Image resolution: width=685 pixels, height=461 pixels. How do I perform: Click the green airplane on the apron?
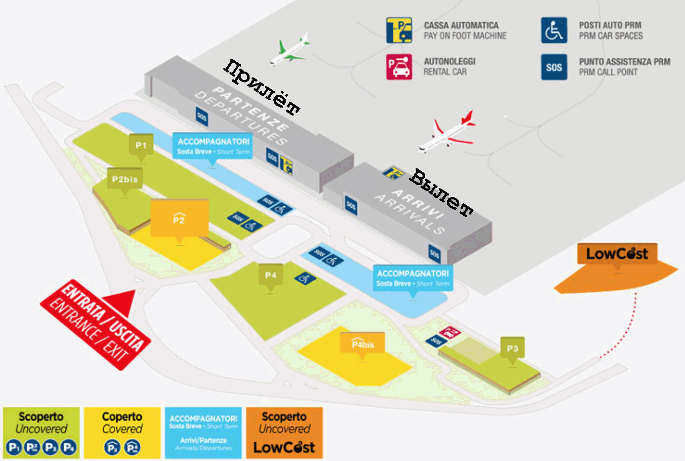(290, 51)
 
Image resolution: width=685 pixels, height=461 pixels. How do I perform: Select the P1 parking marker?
(141, 146)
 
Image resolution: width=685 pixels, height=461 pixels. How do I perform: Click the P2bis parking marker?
(125, 179)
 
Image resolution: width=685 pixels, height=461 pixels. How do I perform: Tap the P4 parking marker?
(270, 275)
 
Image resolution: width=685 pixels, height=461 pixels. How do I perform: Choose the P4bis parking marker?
(362, 344)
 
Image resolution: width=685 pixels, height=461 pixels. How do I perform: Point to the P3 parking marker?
(513, 348)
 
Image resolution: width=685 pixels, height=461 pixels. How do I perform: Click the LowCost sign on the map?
(617, 254)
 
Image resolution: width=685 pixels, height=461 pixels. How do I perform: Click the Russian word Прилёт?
(262, 87)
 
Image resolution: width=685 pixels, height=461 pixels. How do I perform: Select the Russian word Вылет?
(441, 193)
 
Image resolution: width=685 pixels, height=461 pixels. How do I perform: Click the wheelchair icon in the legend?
(554, 31)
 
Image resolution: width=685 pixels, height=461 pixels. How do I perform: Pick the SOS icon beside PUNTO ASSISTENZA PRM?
(554, 67)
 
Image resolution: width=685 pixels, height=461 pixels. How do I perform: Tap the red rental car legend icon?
(399, 67)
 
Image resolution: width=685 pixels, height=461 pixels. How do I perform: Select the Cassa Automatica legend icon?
(399, 31)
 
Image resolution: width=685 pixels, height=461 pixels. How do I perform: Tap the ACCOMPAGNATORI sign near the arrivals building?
(413, 278)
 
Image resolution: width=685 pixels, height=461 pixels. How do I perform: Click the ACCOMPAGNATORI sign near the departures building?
(213, 146)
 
